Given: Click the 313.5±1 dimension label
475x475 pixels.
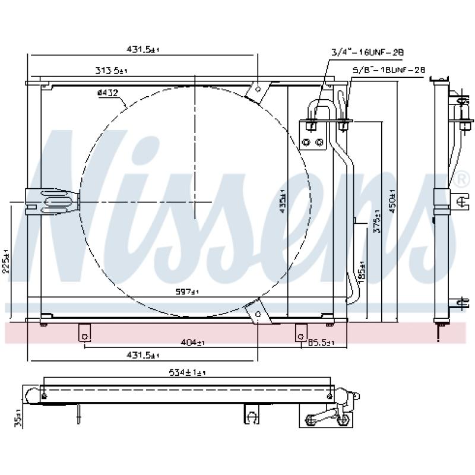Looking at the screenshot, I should coord(111,71).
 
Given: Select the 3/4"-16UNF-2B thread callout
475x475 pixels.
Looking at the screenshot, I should coord(368,52).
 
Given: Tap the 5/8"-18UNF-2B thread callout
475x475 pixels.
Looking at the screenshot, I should coord(389,69).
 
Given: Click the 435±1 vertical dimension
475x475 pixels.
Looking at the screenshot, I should coord(283,200).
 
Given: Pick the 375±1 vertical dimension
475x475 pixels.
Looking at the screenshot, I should coord(376,222).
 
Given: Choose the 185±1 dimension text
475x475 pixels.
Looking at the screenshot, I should coord(362,270).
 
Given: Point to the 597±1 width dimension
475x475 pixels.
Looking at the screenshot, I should coord(188,292).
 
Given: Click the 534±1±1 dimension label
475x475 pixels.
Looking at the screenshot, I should coord(186,372).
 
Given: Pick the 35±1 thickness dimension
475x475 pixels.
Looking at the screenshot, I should coord(18,418).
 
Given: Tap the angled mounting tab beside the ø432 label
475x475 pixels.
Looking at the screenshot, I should coord(257,90).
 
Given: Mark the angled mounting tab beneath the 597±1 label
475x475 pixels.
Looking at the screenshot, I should coord(256,312).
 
